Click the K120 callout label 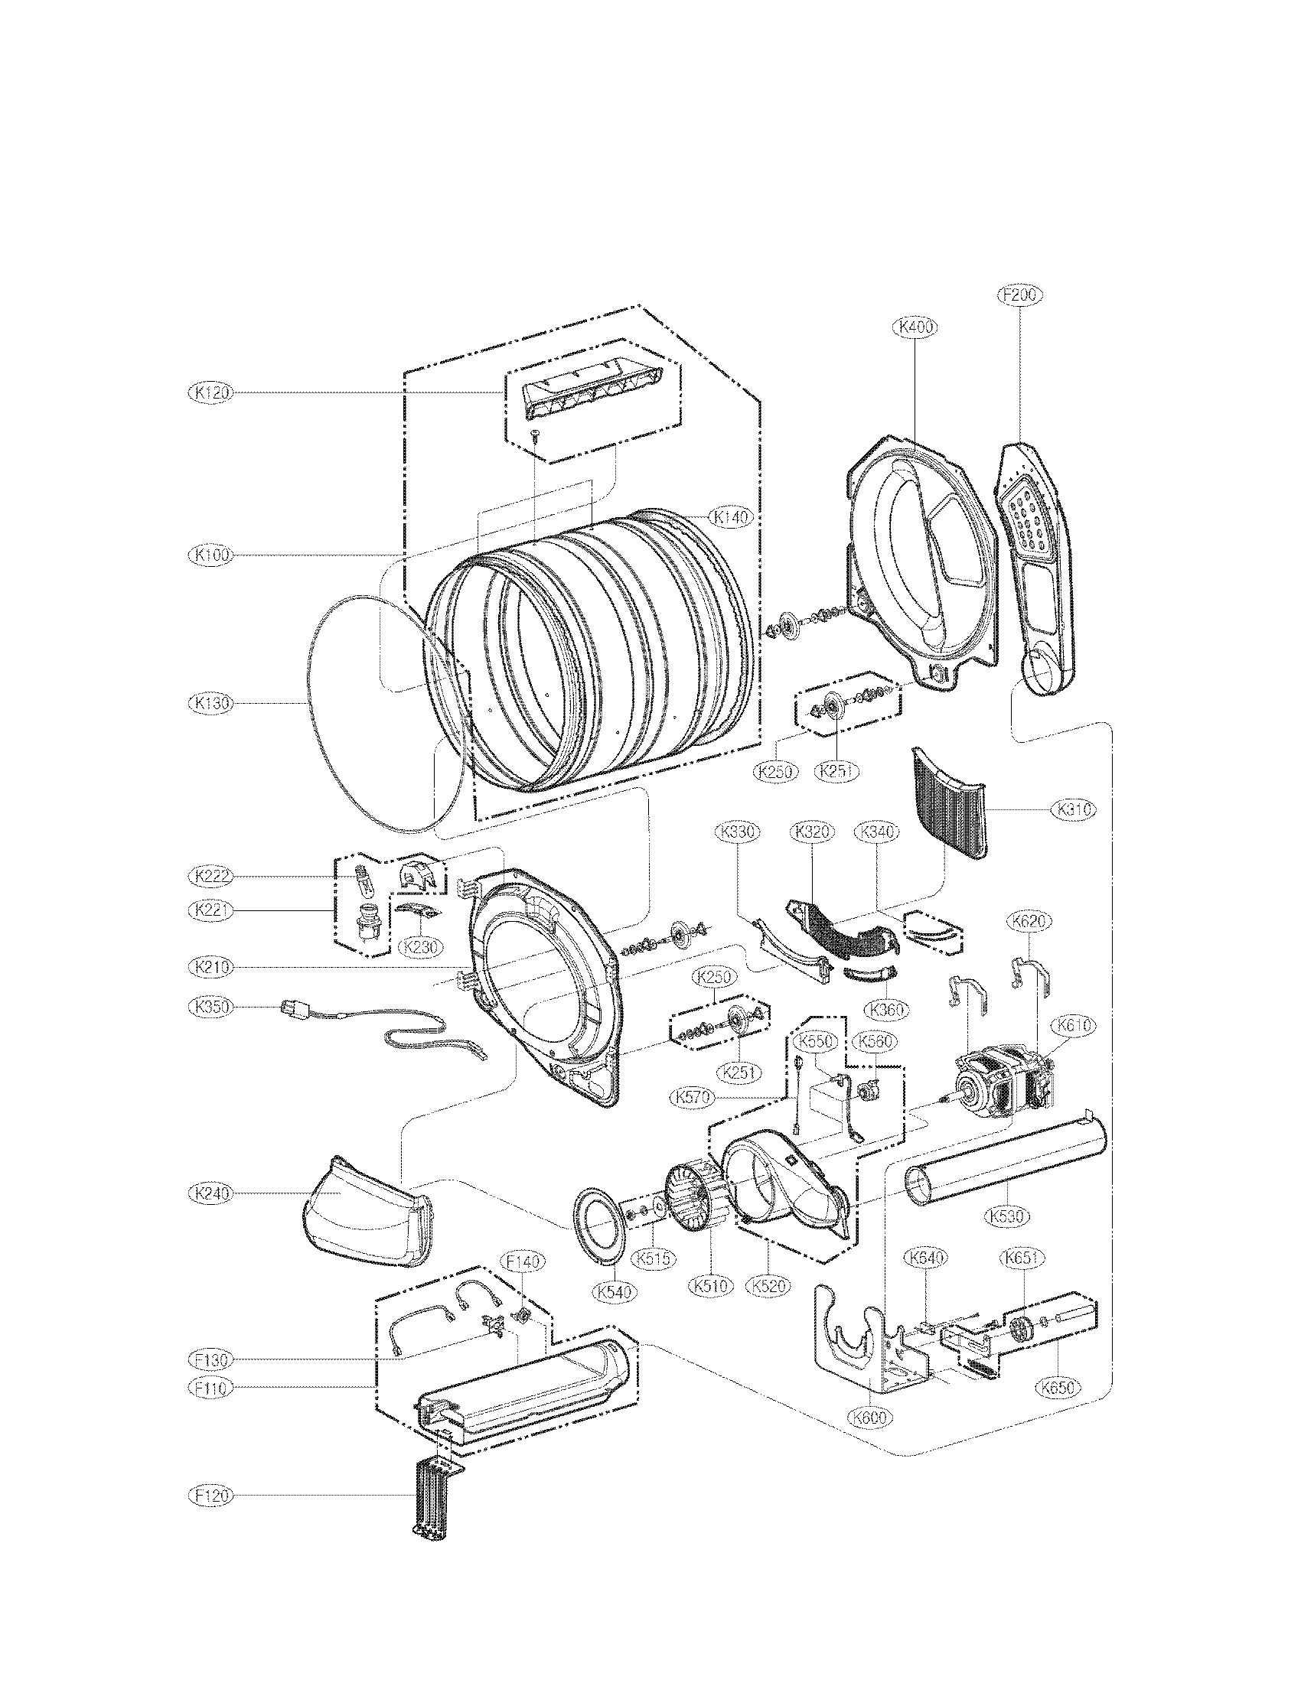[x=210, y=392]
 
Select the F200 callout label [x=1019, y=295]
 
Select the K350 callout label [x=210, y=1007]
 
